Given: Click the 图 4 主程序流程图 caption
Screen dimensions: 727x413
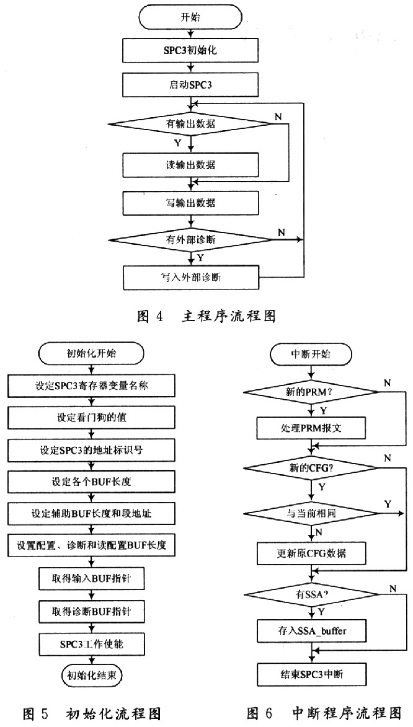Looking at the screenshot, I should tap(205, 316).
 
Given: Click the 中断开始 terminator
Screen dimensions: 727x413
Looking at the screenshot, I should tap(311, 355).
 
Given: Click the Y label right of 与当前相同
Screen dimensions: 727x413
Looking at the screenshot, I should tap(388, 503).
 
